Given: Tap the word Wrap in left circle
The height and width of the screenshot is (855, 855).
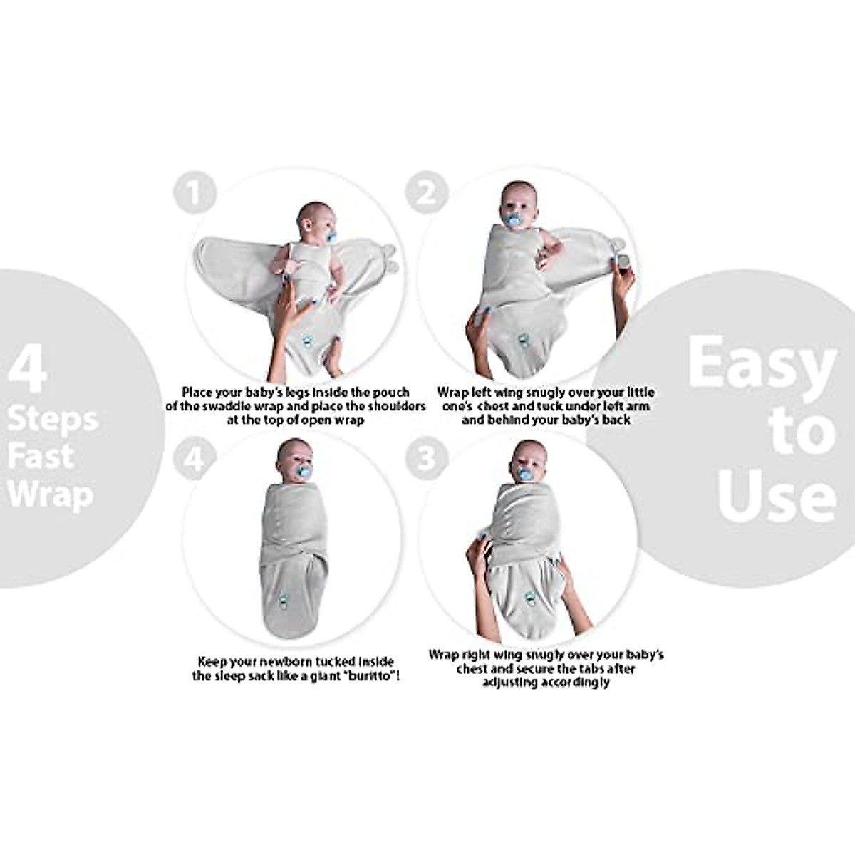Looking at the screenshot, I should pos(50,494).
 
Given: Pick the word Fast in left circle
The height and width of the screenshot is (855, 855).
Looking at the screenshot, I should pos(41,457).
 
